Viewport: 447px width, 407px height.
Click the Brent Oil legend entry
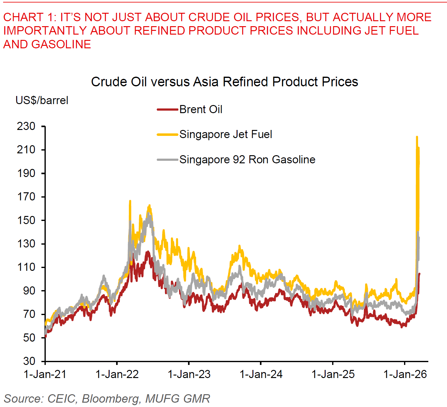point(201,109)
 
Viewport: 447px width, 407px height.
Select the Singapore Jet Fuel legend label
point(226,134)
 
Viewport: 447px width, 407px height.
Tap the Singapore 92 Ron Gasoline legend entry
point(247,160)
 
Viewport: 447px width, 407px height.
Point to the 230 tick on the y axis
point(26,126)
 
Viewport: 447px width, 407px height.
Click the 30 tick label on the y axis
point(29,361)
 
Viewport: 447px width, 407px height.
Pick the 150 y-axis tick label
point(26,220)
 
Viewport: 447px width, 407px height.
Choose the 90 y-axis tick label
point(29,290)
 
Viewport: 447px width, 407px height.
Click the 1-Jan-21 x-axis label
point(45,374)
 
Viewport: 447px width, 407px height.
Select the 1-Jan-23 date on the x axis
point(189,374)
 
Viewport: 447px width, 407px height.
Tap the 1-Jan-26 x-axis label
point(405,374)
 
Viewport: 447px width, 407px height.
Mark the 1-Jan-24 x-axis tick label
point(261,374)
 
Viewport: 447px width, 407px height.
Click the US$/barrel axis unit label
point(42,100)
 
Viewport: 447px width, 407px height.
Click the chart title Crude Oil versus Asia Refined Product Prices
point(224,82)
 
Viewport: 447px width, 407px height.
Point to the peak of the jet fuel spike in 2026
point(417,137)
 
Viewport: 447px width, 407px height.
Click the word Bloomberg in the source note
point(111,399)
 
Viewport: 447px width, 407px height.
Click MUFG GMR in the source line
point(178,399)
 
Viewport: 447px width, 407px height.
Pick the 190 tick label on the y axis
point(26,173)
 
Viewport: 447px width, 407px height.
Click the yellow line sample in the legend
point(167,134)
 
